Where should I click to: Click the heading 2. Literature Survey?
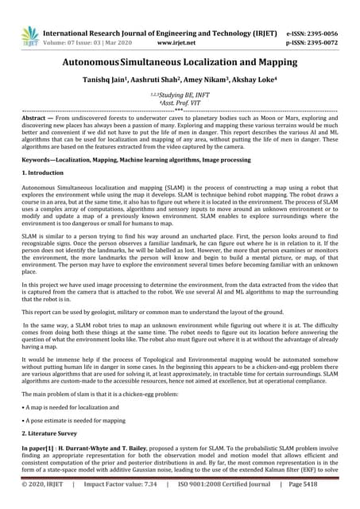(56, 431)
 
